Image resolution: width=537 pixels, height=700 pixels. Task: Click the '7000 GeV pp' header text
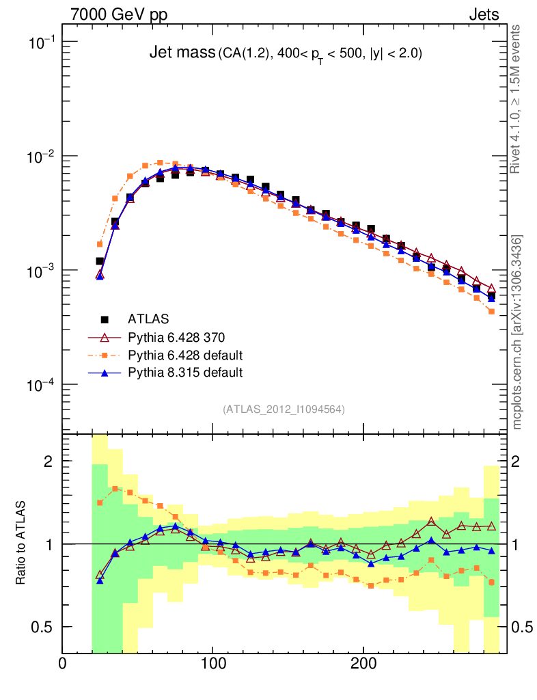[119, 14]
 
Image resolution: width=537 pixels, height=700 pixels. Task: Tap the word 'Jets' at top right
[483, 14]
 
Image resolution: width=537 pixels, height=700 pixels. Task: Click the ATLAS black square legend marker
[105, 319]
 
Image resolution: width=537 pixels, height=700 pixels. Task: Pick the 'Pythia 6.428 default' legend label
[185, 355]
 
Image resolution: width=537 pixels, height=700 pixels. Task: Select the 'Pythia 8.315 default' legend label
[185, 373]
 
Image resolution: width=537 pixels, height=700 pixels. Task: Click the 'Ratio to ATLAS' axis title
[22, 543]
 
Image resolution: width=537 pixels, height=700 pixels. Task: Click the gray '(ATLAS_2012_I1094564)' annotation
[284, 409]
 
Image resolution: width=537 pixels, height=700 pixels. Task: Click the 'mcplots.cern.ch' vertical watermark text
[517, 332]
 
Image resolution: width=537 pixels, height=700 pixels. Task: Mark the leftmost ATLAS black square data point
[100, 261]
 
